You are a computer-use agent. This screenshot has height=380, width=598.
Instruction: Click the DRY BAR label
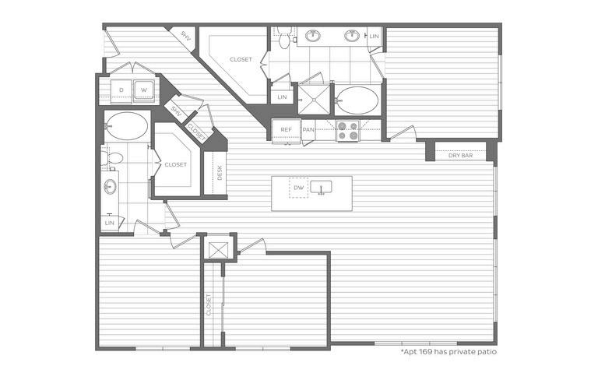[x=460, y=156]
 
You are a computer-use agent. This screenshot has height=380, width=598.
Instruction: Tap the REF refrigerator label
[x=286, y=130]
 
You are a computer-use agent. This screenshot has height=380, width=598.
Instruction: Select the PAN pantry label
[x=308, y=130]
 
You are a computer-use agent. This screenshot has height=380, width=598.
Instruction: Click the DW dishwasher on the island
[x=299, y=188]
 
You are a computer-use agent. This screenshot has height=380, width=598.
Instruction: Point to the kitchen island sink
[x=321, y=188]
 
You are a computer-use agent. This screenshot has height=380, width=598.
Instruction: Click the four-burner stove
[x=347, y=131]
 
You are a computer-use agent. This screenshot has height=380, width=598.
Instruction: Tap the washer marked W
[x=144, y=90]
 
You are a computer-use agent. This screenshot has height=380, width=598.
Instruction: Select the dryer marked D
[x=121, y=90]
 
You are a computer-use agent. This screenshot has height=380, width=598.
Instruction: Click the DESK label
[x=220, y=173]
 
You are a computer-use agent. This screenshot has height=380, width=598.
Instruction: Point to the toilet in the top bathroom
[x=284, y=37]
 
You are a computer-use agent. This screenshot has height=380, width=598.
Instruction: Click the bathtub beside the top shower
[x=357, y=100]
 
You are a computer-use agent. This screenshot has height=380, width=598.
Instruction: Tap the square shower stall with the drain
[x=314, y=100]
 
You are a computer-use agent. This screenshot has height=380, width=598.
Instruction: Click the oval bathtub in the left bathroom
[x=126, y=126]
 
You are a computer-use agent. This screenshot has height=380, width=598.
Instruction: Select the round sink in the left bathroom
[x=111, y=187]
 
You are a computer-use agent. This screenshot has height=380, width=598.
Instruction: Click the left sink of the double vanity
[x=313, y=37]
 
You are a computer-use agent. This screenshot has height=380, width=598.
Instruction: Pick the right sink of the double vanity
[x=352, y=37]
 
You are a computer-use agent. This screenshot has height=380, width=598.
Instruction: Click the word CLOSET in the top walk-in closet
[x=241, y=59]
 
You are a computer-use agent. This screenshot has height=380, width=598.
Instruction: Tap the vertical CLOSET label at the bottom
[x=209, y=304]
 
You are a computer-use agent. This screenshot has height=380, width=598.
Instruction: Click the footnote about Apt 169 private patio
[x=448, y=352]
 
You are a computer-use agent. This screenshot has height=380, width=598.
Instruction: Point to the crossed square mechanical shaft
[x=219, y=250]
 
